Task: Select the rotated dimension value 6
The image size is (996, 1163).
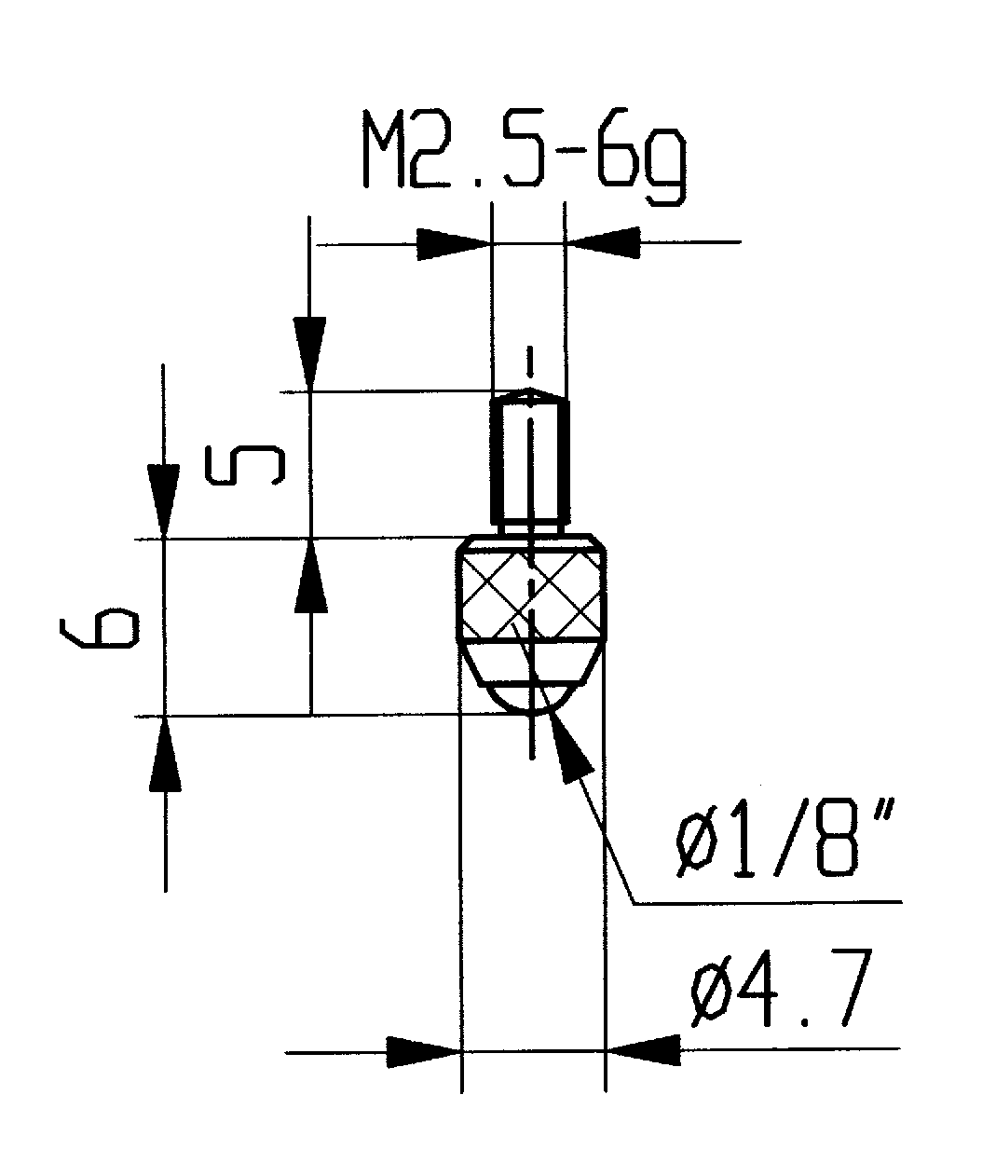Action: pyautogui.click(x=99, y=628)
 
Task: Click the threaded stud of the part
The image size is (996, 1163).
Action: pyautogui.click(x=528, y=461)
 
